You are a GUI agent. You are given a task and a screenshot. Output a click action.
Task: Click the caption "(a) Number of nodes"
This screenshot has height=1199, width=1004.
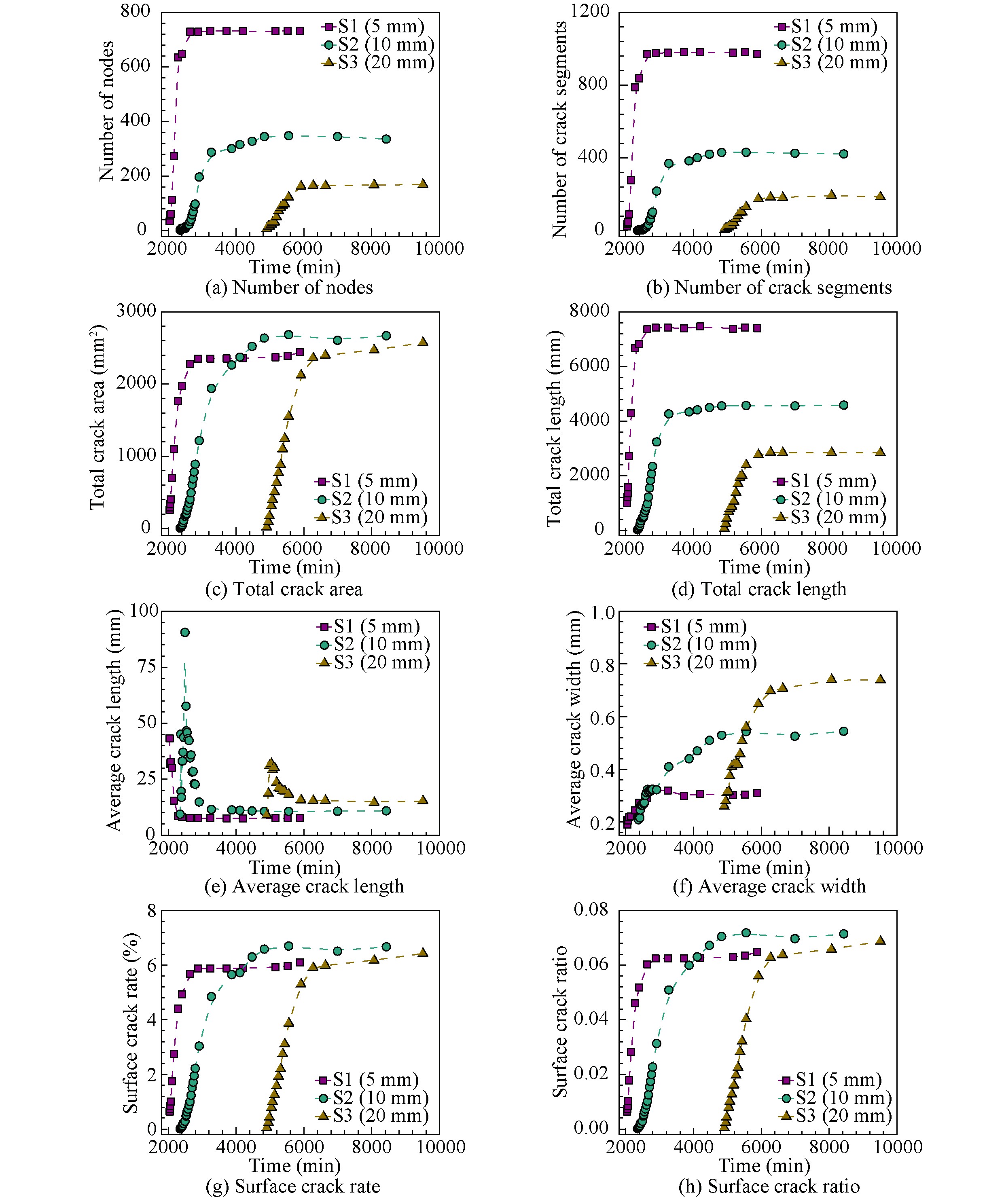[x=289, y=287]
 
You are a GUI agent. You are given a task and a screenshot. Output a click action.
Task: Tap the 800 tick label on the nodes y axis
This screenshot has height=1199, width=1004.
[x=136, y=11]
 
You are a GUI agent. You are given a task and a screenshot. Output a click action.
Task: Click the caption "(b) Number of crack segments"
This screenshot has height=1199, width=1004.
[x=768, y=287]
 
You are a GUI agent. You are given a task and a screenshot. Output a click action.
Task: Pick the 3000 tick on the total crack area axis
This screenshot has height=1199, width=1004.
[x=136, y=311]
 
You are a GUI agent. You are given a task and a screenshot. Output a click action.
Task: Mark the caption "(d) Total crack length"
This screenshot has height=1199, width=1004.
[x=758, y=589]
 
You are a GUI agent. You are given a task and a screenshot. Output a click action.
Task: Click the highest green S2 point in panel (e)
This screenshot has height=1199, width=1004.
[x=185, y=632]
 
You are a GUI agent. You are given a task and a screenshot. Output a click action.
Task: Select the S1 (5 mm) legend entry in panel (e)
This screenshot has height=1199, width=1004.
[x=369, y=626]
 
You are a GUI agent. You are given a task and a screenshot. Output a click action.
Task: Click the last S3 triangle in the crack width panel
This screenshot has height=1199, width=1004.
[x=880, y=679]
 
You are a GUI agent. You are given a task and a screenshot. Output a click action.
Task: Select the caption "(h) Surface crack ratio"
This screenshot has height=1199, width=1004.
[x=769, y=1186]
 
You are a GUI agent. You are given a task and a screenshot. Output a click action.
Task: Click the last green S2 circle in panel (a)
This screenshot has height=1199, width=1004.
[x=386, y=139]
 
